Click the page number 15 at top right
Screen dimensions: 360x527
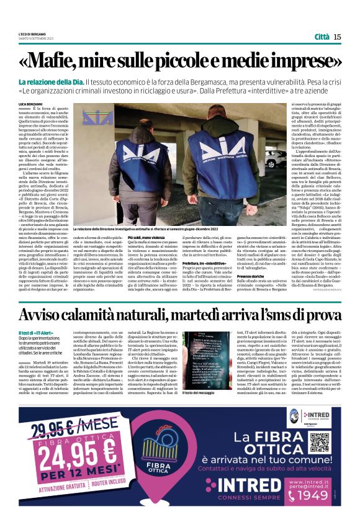click(x=337, y=37)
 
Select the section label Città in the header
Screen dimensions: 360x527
click(x=321, y=37)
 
